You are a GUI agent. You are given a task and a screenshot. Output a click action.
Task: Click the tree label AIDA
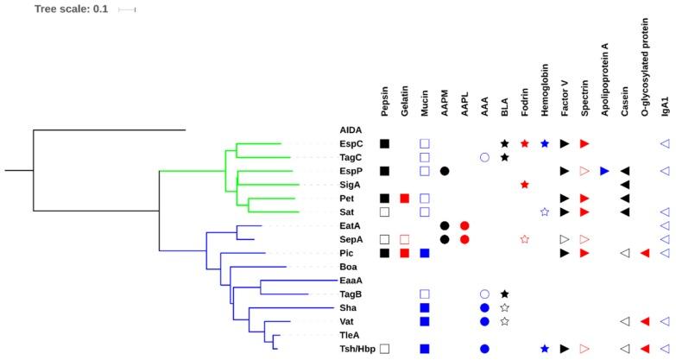[x=350, y=129]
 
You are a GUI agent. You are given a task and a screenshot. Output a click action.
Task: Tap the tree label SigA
[x=350, y=185]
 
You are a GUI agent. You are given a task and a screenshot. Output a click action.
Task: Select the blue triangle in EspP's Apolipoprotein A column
[x=604, y=171]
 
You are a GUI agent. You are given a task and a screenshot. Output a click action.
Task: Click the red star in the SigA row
[x=524, y=185]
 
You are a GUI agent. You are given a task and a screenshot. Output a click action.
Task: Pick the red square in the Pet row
[x=405, y=199]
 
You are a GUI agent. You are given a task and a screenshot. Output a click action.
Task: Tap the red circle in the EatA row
[x=464, y=225]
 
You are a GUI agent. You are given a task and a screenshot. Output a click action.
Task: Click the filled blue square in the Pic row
[x=425, y=253]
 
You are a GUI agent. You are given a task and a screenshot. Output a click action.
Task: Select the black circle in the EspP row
[x=445, y=171]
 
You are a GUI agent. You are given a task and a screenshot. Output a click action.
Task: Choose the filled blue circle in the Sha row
[x=484, y=307]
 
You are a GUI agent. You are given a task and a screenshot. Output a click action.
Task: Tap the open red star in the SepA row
[x=524, y=239]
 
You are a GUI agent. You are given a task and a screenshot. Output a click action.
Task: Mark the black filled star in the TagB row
[x=504, y=294]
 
